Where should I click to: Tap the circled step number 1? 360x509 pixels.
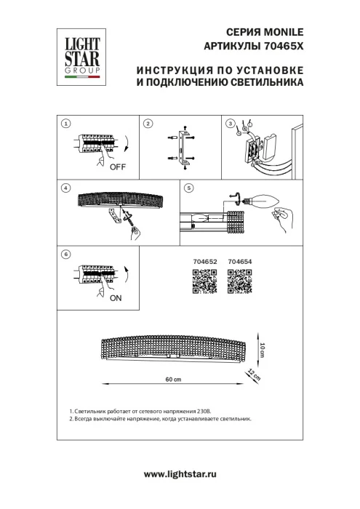click(66, 124)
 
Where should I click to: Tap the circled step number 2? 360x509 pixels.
click(148, 124)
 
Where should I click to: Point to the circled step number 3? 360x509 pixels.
click(231, 124)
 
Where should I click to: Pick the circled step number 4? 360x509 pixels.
click(66, 188)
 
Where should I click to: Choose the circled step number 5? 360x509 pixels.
click(189, 188)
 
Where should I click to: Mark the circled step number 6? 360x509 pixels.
click(66, 254)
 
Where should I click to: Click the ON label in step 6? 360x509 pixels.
click(116, 299)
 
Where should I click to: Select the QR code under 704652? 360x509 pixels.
click(204, 281)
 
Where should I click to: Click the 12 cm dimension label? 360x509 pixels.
click(254, 375)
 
